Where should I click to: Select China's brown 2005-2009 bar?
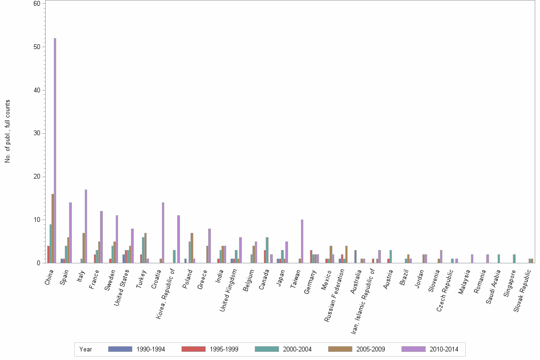[53, 229]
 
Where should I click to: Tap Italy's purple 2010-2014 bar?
[86, 226]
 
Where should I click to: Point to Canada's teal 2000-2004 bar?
[267, 250]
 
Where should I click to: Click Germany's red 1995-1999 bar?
[311, 257]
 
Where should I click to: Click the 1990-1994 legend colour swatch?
[120, 349]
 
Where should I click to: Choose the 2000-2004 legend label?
[298, 349]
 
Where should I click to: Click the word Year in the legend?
[86, 349]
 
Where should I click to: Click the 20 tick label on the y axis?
[36, 177]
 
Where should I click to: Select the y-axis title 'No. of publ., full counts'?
[8, 131]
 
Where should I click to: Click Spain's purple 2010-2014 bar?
[70, 233]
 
